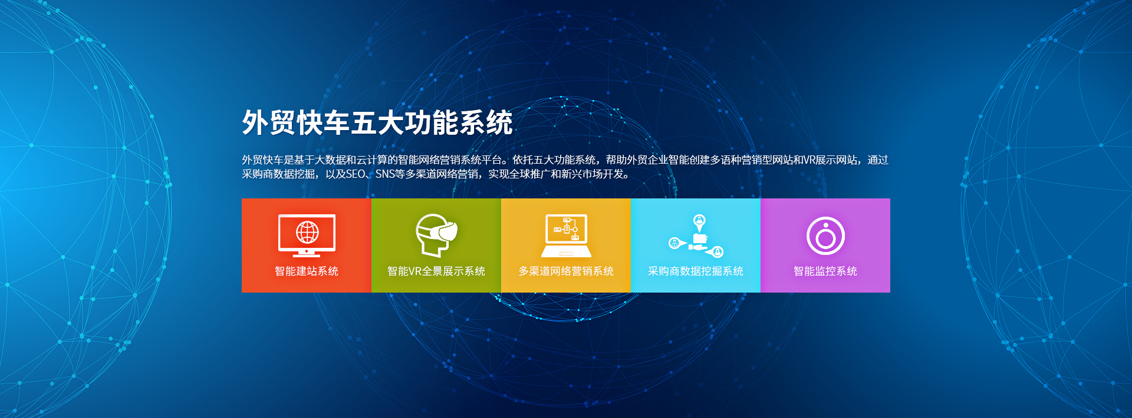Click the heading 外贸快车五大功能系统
pos(377,123)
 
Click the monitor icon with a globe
pos(307,235)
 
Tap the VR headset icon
pos(436,235)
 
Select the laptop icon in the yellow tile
pos(566,235)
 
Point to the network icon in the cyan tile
pos(696,235)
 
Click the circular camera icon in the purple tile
pos(825,235)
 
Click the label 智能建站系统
pos(307,271)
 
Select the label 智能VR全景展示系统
pos(436,271)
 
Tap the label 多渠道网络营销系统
pos(566,271)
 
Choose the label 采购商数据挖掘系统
pos(696,271)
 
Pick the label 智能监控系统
pos(825,271)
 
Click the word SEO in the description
pos(356,174)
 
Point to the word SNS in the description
pos(385,174)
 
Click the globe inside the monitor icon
pos(307,233)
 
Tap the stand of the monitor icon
pos(307,253)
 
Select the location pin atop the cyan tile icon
pos(699,222)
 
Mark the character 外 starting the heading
pos(255,123)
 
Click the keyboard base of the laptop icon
pos(566,253)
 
